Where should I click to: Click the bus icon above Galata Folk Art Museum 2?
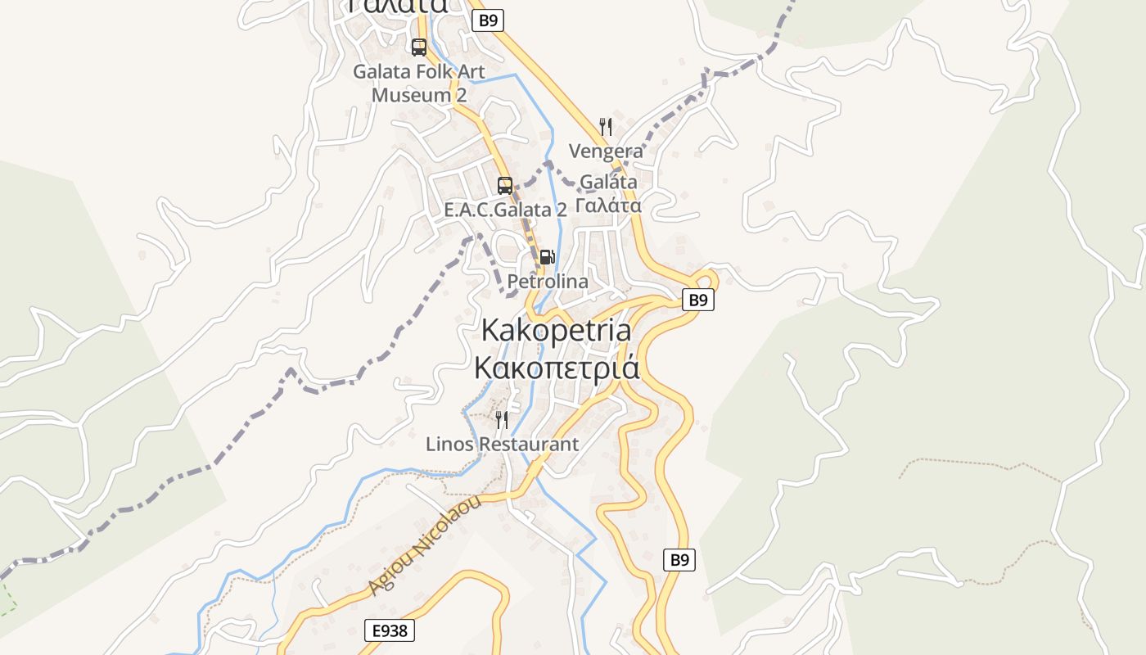coord(419,47)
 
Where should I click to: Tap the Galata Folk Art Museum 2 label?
coord(419,83)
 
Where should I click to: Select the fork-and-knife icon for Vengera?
coord(606,126)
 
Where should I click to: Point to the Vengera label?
coord(606,151)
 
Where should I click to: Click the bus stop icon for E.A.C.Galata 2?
coord(505,185)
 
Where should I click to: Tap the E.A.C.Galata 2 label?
coord(505,210)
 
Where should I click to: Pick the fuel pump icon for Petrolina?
coord(547,257)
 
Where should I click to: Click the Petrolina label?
coord(548,282)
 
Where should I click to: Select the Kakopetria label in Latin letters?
coord(557,330)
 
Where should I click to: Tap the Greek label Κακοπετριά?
coord(557,368)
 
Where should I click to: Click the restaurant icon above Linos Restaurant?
coord(502,420)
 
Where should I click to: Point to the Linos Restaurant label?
coord(502,445)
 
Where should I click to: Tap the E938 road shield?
coord(390,630)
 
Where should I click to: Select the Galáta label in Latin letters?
coord(608,182)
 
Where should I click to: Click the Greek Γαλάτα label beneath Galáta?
coord(608,206)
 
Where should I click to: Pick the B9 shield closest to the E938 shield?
coord(679,560)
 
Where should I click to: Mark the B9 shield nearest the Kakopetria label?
coord(697,300)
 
